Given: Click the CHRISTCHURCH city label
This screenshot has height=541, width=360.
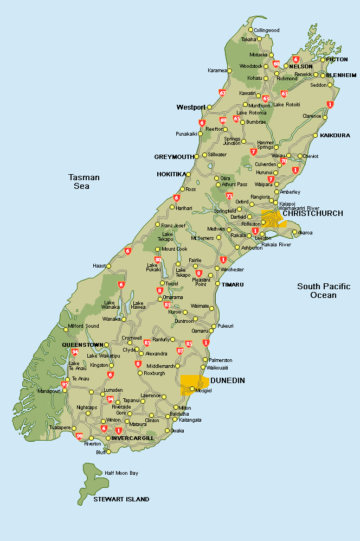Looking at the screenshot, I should click(x=313, y=213).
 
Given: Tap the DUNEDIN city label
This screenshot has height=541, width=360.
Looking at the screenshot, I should click(x=227, y=380).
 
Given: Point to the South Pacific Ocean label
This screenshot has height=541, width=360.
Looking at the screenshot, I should click(x=324, y=291).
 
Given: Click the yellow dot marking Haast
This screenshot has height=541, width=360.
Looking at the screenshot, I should click(x=108, y=266).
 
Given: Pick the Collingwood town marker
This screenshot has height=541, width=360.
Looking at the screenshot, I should click(x=250, y=30).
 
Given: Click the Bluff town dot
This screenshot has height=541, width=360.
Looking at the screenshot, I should click(x=108, y=451).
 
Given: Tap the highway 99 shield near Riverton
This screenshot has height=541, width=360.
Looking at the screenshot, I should click(x=80, y=436).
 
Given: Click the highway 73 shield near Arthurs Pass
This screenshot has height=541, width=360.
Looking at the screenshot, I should click(x=229, y=196).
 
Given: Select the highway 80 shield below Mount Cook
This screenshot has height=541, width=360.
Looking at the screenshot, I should click(x=158, y=260).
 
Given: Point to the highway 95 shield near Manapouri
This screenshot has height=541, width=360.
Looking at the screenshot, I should click(x=65, y=385).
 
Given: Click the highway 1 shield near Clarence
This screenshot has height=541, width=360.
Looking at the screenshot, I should click(x=330, y=105).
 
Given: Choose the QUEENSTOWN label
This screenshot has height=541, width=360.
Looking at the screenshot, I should click(x=82, y=345).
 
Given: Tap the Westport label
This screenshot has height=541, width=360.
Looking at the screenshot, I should click(x=191, y=107).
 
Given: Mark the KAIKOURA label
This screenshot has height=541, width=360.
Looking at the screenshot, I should click(x=335, y=135).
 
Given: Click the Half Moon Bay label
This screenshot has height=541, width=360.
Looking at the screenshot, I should click(x=121, y=473).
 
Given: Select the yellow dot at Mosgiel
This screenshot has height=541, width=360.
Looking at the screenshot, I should click(x=192, y=389).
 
